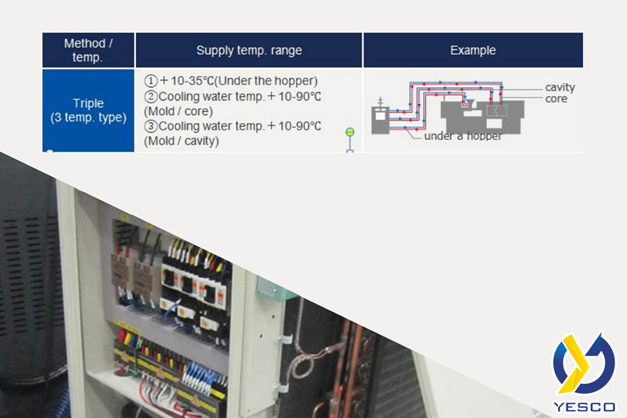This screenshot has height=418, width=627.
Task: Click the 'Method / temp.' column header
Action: tap(88, 50)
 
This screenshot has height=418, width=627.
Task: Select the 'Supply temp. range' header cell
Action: tap(249, 50)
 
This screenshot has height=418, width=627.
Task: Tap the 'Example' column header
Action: tap(472, 50)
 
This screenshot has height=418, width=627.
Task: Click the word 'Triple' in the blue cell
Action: tap(88, 104)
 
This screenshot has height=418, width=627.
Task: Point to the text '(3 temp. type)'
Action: tap(88, 118)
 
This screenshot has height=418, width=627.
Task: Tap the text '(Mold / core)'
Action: tap(178, 111)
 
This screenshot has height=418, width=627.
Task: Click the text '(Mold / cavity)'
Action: tap(181, 141)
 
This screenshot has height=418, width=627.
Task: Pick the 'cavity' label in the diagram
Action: tap(559, 88)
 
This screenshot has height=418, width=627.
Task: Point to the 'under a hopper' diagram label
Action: tap(463, 136)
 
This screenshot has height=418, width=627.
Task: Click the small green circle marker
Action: tap(350, 132)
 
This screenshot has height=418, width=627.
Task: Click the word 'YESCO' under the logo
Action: tap(584, 405)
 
